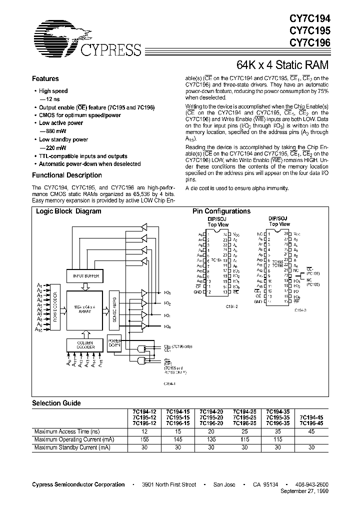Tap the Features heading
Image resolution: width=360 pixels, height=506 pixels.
45,79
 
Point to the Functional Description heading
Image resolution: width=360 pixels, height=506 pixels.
66,175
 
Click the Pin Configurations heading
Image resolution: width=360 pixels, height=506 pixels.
221,211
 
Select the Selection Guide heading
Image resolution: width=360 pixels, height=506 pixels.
56,403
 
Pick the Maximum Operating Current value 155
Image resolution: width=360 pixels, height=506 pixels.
144,439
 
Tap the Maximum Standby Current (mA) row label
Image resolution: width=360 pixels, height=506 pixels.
71,447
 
